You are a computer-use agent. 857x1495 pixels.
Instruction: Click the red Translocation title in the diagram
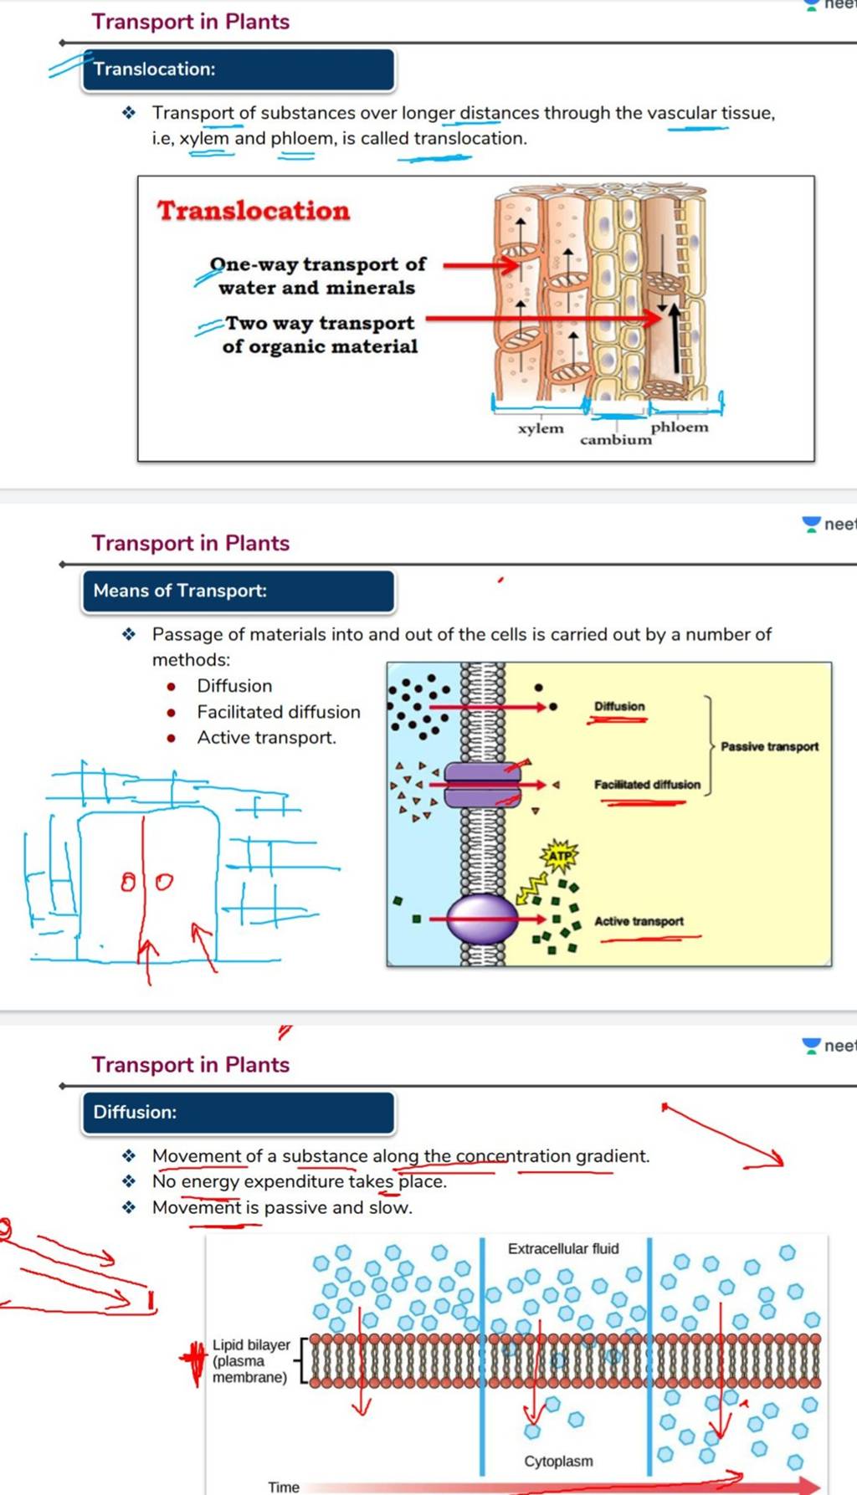click(x=254, y=210)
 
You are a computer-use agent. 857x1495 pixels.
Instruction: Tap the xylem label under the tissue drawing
click(x=541, y=428)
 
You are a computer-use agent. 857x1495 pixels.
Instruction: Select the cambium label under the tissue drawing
click(x=615, y=439)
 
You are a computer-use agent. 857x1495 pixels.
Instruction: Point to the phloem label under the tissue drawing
click(x=680, y=427)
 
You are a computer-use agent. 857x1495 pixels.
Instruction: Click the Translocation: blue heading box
click(x=238, y=69)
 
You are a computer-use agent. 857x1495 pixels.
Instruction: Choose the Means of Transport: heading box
click(x=238, y=591)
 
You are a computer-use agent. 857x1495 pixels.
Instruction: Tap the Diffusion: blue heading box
click(x=238, y=1112)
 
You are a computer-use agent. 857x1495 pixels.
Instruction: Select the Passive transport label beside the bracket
click(x=769, y=746)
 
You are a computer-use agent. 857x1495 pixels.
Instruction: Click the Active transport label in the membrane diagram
click(x=639, y=921)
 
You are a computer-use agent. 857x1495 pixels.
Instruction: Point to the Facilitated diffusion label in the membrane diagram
click(x=647, y=785)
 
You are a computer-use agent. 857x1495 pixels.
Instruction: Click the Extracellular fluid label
click(x=563, y=1248)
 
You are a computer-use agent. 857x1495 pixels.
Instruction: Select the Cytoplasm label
click(x=558, y=1461)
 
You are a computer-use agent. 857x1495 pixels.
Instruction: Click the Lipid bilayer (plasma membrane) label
click(x=250, y=1360)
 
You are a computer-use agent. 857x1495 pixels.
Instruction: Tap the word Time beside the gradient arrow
click(x=283, y=1487)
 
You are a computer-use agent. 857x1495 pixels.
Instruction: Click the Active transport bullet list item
click(x=266, y=738)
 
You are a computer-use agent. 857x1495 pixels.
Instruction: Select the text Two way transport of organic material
click(x=320, y=335)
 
